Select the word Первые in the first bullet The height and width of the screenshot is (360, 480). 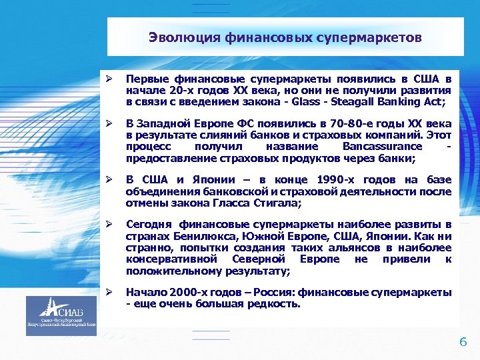(x=146, y=79)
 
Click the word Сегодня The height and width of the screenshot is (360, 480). (x=148, y=225)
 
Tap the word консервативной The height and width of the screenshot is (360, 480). (x=168, y=259)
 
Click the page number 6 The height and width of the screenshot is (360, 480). (x=463, y=342)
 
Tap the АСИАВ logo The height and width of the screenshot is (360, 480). (x=61, y=314)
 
